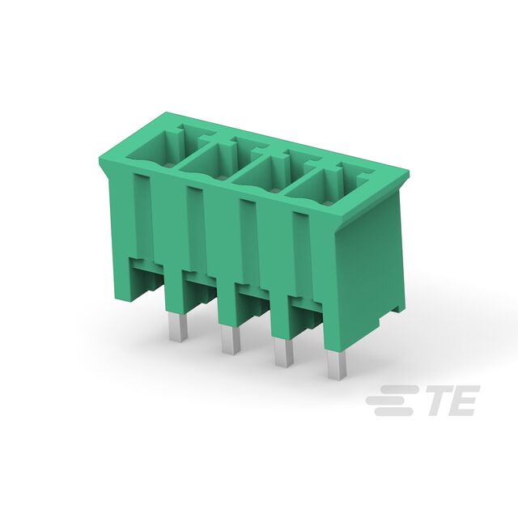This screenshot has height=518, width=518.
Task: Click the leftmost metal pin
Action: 178,327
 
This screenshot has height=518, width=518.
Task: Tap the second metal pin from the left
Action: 231,340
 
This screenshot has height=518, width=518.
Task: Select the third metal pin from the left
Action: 284,353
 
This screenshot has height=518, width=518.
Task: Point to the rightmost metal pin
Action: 337,365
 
